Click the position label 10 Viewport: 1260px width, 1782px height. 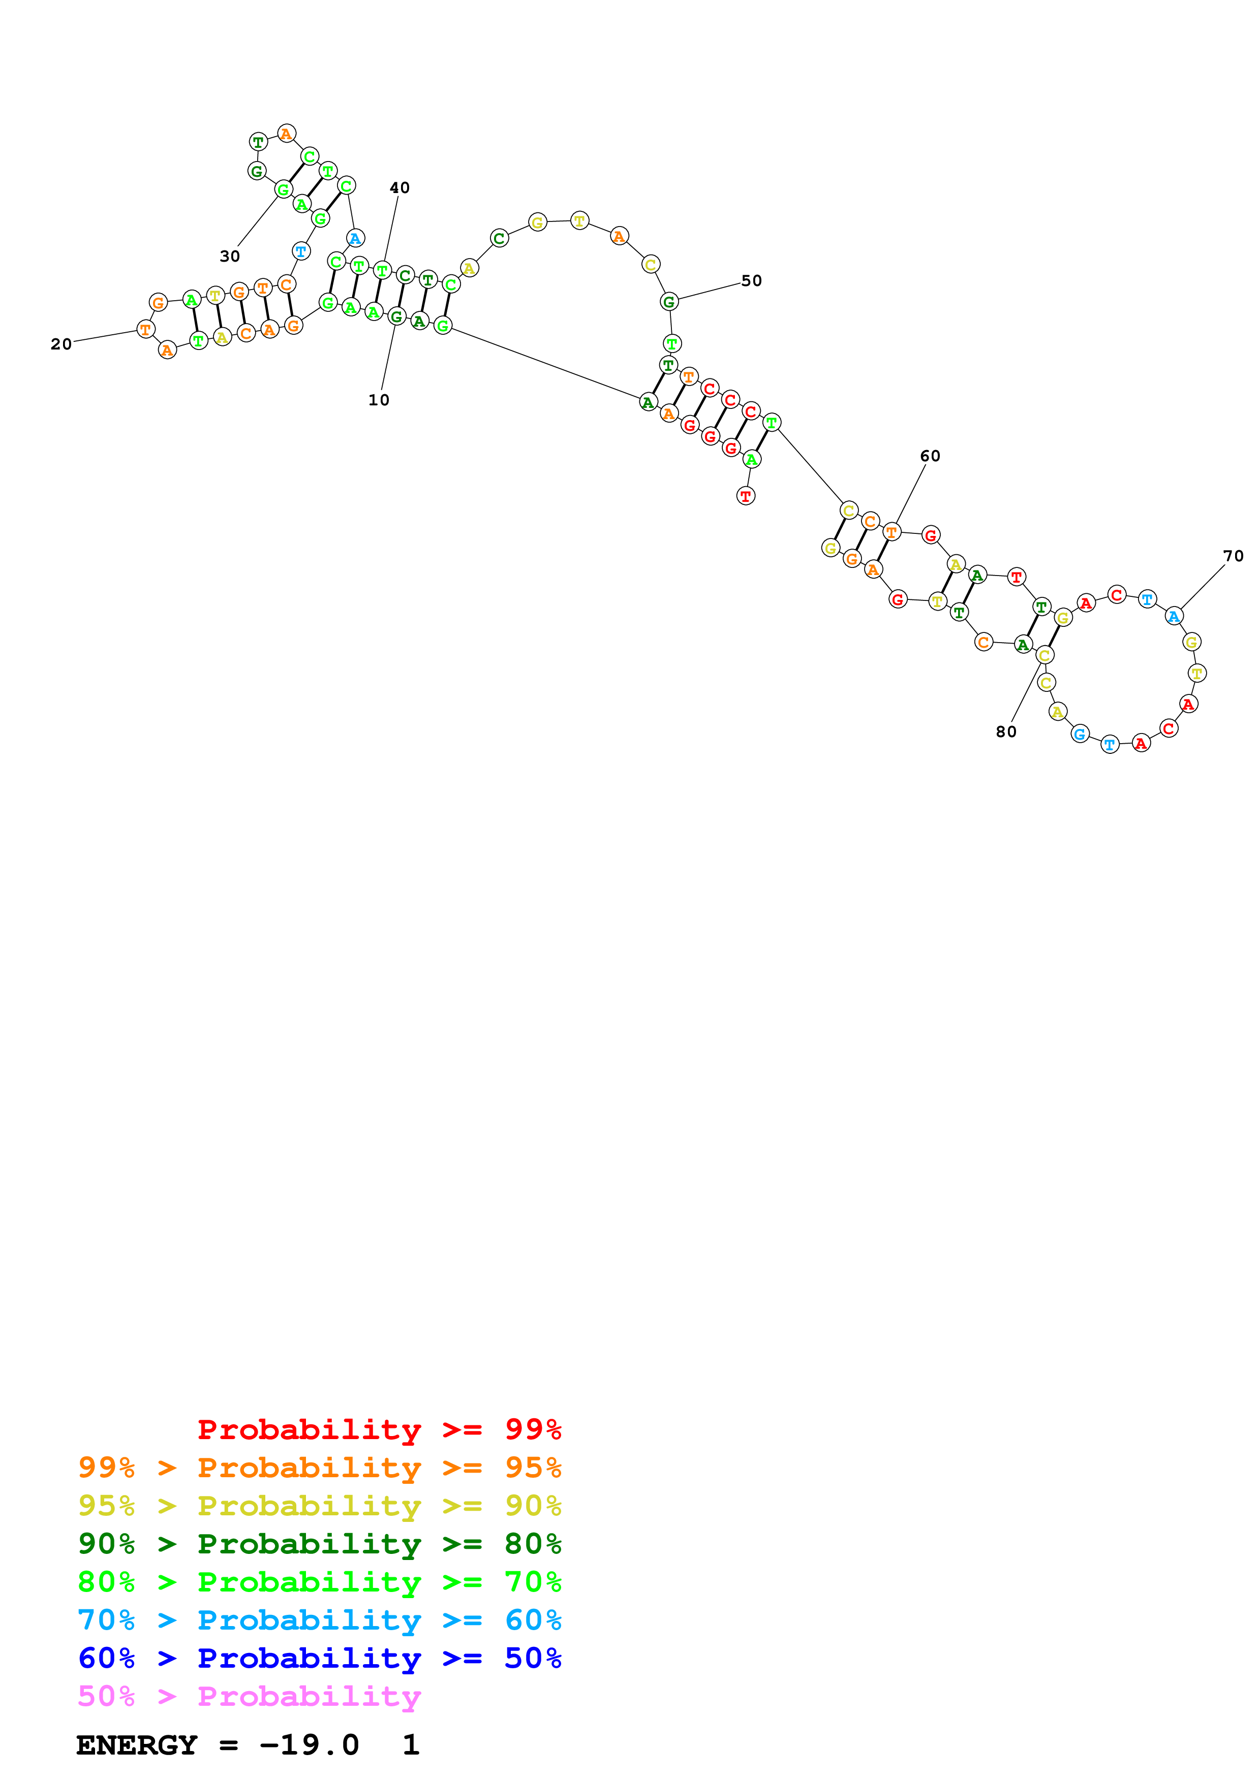378,400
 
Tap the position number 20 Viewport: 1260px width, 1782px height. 62,344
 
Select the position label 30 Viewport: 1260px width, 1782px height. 230,256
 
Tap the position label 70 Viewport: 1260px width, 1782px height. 1233,556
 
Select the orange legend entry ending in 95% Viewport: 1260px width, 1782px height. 319,1468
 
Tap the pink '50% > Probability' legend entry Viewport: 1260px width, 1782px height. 249,1696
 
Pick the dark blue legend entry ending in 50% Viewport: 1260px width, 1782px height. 319,1658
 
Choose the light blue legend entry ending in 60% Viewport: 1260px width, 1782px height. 319,1620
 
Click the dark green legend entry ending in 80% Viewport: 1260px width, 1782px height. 319,1544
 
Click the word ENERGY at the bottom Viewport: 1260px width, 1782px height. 137,1745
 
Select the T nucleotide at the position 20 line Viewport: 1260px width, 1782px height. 145,329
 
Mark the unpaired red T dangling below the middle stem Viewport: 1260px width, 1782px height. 745,496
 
